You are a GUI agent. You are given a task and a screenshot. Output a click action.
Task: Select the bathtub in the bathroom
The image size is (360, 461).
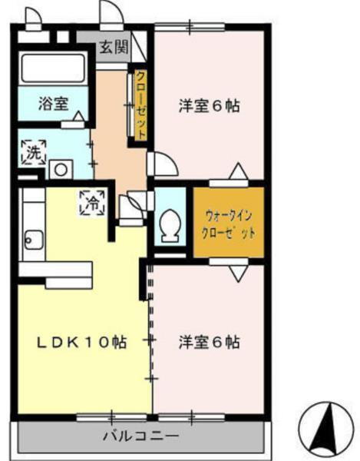click(53, 68)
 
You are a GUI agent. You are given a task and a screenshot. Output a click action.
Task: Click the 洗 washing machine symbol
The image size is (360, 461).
click(32, 149)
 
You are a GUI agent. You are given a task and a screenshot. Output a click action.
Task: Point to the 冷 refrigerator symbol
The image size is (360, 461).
click(91, 203)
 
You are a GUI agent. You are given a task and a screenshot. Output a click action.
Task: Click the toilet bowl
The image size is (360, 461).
click(169, 225)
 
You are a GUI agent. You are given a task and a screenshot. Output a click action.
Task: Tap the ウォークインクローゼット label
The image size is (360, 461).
click(227, 223)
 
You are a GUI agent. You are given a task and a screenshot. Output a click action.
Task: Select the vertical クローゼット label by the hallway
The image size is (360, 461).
click(141, 104)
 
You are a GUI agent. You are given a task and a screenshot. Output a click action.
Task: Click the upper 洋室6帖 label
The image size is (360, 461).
click(209, 105)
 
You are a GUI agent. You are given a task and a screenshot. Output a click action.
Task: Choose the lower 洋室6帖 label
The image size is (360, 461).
click(208, 340)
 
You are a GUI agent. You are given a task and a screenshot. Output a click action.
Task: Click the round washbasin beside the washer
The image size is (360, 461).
click(58, 167)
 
